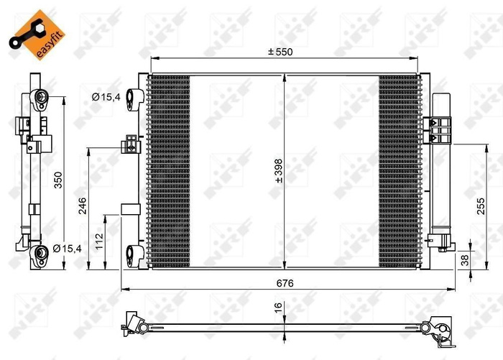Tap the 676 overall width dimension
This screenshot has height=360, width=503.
click(x=285, y=282)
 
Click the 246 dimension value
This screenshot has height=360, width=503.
click(x=83, y=205)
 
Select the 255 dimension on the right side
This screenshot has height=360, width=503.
click(x=481, y=207)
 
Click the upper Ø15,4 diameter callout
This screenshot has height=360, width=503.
click(x=105, y=97)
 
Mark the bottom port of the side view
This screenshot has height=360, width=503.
click(x=38, y=252)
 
